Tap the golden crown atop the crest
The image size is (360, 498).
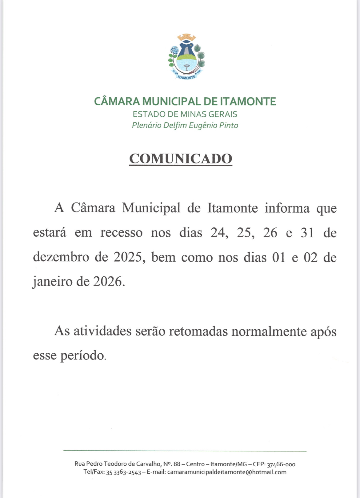[x=186, y=38]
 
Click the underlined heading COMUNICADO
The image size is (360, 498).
[x=181, y=159]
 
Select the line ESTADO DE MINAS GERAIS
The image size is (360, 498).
[x=185, y=114]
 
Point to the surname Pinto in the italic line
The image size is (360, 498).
[x=229, y=125]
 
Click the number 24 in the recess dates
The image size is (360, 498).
[x=219, y=233]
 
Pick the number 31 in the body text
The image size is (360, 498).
[x=307, y=233]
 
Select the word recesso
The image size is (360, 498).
[x=121, y=233]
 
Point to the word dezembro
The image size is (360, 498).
[x=61, y=257]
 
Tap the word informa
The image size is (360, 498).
[x=287, y=208]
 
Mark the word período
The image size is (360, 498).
[x=82, y=356]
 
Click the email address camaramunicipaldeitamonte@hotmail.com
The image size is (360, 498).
[x=227, y=472]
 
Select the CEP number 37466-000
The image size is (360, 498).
[x=281, y=464]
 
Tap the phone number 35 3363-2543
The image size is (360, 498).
[x=123, y=472]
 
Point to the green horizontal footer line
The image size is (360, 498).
[x=185, y=451]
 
